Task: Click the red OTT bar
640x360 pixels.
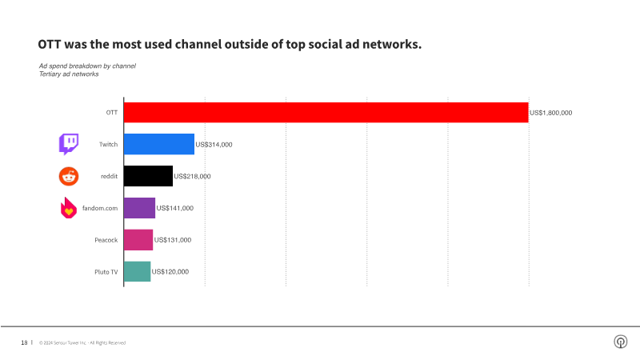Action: (326, 113)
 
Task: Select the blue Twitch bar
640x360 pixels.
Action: (159, 144)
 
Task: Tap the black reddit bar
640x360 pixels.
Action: (148, 176)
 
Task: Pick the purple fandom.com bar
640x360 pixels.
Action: (139, 208)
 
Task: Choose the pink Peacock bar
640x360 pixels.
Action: (138, 240)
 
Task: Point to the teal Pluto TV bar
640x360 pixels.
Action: (137, 272)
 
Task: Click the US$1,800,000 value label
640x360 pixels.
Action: (551, 113)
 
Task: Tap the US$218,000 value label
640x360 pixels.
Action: (192, 176)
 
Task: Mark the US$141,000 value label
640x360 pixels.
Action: (174, 208)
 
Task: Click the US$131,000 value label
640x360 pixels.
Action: (173, 240)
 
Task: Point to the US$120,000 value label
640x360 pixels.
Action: (170, 272)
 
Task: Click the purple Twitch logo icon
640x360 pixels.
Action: (69, 144)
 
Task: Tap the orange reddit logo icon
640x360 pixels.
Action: (69, 176)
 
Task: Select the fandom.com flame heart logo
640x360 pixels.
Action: (69, 209)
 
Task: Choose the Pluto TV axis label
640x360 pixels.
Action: (106, 272)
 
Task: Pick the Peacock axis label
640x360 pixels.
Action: (106, 240)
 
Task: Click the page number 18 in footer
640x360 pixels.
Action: (24, 342)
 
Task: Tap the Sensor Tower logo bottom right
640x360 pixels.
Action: (619, 342)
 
